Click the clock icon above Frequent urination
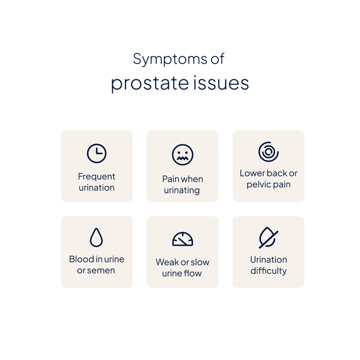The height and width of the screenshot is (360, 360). (x=96, y=154)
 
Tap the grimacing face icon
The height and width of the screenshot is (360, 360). (x=183, y=155)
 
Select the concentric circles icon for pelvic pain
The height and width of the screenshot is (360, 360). (x=268, y=152)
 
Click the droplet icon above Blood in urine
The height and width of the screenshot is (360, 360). (x=96, y=238)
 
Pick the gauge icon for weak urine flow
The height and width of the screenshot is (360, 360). (x=183, y=239)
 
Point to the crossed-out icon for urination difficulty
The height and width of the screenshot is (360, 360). (x=268, y=238)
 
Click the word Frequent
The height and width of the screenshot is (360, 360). (x=96, y=177)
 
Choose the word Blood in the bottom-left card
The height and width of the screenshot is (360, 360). (x=81, y=259)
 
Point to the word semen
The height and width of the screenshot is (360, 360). (x=102, y=271)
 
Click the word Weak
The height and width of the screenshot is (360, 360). (x=167, y=262)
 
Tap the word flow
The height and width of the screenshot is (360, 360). (x=193, y=274)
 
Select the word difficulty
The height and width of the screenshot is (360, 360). (x=268, y=271)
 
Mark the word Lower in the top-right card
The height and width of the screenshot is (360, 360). (x=252, y=174)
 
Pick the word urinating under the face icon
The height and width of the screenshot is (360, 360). (x=183, y=191)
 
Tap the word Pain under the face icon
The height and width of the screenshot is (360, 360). (x=171, y=179)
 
